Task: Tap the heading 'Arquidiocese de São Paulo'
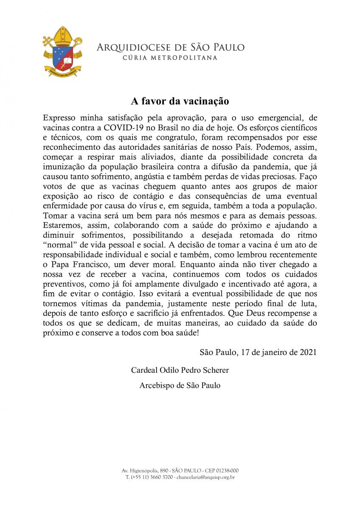pyautogui.click(x=171, y=47)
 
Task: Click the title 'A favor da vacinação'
pyautogui.click(x=180, y=102)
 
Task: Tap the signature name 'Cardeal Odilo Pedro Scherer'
pyautogui.click(x=180, y=370)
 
